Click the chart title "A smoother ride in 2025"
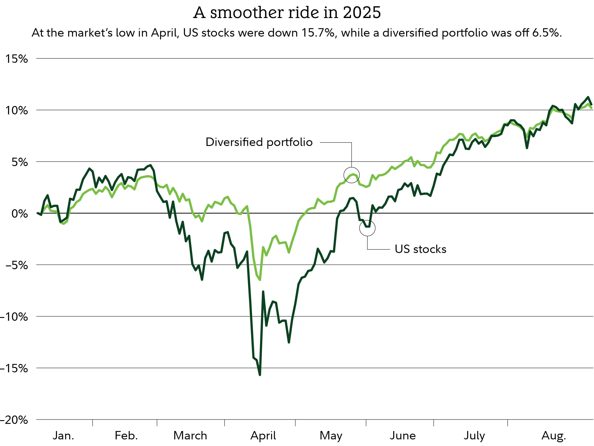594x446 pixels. [x=287, y=13]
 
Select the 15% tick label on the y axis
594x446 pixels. [x=17, y=59]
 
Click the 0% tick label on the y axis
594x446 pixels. [x=19, y=214]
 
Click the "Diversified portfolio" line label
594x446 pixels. [x=259, y=142]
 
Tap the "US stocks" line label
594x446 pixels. [x=420, y=249]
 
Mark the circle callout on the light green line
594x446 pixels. [x=352, y=175]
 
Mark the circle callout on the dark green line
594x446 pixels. [x=367, y=228]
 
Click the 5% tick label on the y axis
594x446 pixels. [x=19, y=162]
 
